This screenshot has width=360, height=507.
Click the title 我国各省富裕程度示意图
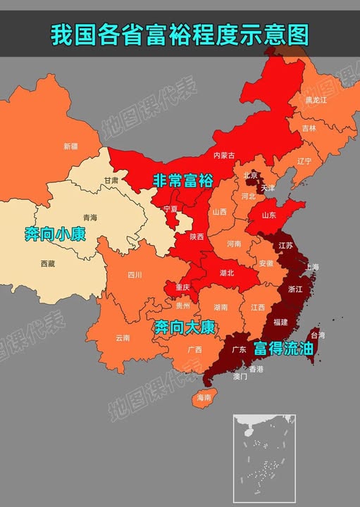click(180, 33)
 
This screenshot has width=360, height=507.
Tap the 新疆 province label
click(70, 146)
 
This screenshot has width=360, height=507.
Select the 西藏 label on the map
click(47, 263)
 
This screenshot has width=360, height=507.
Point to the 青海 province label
click(90, 218)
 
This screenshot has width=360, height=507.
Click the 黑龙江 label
click(316, 101)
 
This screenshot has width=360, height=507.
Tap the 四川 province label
click(135, 275)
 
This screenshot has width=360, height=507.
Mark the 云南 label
click(123, 338)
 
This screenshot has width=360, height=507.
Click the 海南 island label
click(204, 398)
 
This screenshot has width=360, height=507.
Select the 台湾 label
click(318, 336)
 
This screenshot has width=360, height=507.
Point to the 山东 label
click(269, 215)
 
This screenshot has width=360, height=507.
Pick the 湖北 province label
click(227, 273)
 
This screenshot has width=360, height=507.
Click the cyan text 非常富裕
click(182, 181)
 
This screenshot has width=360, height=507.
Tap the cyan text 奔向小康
click(55, 234)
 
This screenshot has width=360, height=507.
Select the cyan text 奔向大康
click(185, 327)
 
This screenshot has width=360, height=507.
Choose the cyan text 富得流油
click(283, 349)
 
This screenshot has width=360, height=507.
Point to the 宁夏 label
click(170, 210)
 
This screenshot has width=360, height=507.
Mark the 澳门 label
click(240, 377)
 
